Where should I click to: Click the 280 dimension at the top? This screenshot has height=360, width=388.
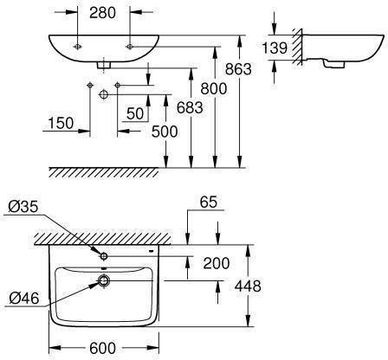(x=102, y=13)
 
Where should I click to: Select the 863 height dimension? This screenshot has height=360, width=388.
(x=238, y=69)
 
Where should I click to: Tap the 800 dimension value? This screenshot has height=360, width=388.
(x=214, y=88)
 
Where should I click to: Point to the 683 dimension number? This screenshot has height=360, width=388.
(x=190, y=108)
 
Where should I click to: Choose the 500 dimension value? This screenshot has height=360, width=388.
(x=165, y=132)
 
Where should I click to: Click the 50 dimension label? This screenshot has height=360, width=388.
(x=135, y=113)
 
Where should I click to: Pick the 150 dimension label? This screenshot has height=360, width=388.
(x=61, y=123)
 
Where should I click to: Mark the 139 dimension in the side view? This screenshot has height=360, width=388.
(x=275, y=48)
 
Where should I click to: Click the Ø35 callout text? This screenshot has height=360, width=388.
(x=23, y=207)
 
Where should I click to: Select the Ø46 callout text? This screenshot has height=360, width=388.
(x=24, y=298)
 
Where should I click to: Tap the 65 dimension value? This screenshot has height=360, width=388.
(x=209, y=202)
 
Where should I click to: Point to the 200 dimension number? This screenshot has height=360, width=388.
(x=217, y=263)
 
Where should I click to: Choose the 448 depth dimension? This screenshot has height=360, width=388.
(x=248, y=286)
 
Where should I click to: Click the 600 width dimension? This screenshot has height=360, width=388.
(x=102, y=348)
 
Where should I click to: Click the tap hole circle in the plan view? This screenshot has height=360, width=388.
(x=104, y=256)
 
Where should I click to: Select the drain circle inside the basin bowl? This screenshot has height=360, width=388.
(x=104, y=280)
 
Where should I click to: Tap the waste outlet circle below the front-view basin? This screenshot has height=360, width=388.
(x=104, y=94)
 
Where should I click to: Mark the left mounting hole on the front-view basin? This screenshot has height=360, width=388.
(x=77, y=47)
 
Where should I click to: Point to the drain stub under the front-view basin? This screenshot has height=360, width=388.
(x=104, y=65)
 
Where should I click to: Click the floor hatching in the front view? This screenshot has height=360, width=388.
(x=104, y=172)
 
